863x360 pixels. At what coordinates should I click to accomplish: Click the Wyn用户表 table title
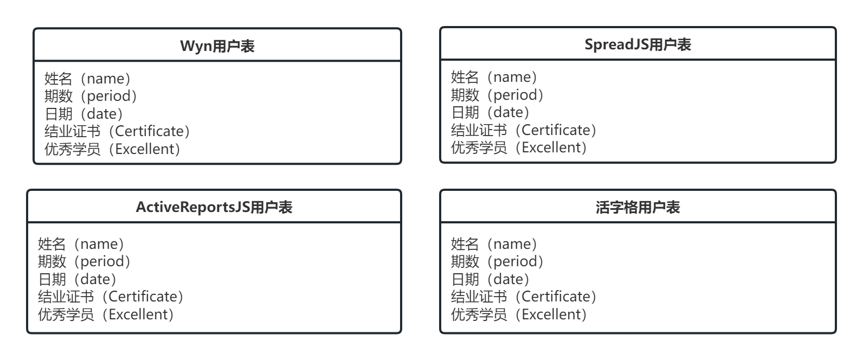[217, 46]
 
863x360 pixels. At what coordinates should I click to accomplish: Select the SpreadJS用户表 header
[637, 44]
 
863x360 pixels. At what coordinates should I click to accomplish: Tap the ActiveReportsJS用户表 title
[214, 207]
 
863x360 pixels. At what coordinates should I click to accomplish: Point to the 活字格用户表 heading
[637, 207]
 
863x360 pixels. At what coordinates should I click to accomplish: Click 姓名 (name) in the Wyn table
[88, 79]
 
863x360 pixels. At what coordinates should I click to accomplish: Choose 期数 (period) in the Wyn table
[91, 96]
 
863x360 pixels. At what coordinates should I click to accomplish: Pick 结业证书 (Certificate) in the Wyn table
[118, 131]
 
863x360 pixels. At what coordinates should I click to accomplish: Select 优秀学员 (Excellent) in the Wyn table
[113, 149]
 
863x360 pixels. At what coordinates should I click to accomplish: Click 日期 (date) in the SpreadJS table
[491, 112]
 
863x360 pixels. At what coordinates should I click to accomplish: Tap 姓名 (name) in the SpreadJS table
[494, 77]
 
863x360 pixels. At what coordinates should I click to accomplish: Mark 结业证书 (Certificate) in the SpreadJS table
[524, 130]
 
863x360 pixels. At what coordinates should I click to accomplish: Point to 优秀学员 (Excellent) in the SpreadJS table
[519, 147]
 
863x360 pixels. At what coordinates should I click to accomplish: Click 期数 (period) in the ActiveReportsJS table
[85, 261]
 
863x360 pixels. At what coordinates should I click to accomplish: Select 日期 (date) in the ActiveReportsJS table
[78, 279]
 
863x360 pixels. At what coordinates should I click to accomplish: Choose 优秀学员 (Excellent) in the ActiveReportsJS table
[106, 314]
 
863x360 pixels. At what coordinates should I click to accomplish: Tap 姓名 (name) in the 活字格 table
[494, 244]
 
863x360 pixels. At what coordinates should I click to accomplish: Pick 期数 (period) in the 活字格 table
[498, 261]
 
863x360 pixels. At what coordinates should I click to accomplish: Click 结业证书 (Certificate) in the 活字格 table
[524, 297]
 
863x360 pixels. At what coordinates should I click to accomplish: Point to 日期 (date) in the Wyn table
[84, 114]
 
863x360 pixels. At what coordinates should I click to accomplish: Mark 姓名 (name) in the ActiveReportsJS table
[81, 244]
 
